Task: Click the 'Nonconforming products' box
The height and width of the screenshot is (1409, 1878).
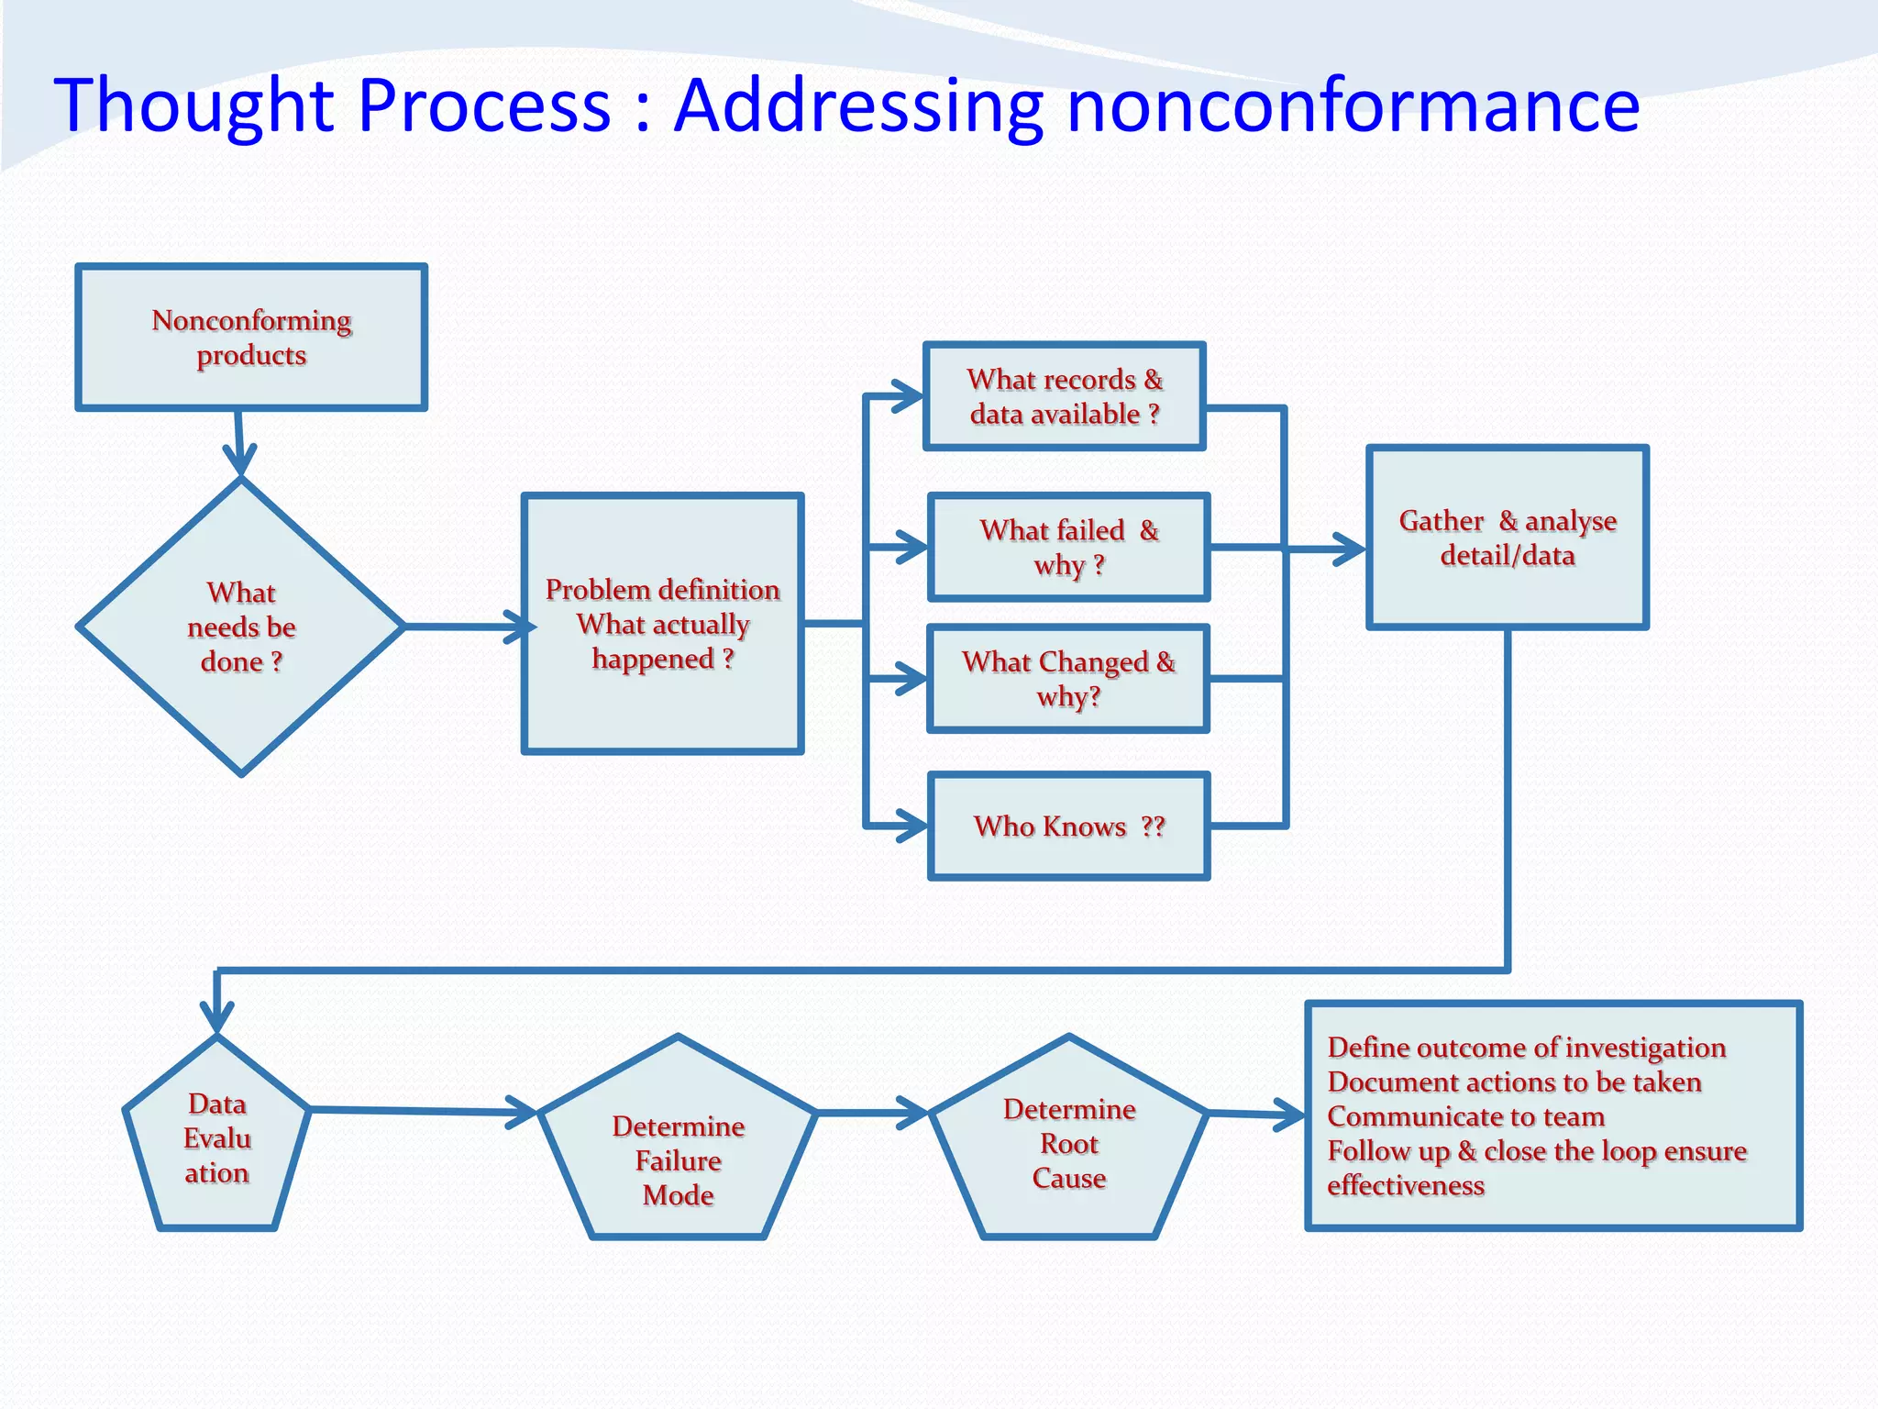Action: pos(251,338)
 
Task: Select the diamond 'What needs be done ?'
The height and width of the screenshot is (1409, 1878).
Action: pos(241,627)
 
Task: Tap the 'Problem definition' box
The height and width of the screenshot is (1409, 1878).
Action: pos(662,624)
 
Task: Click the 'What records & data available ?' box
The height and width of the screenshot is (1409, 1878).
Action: pos(1064,396)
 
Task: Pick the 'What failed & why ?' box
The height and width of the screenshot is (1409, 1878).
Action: pos(1068,548)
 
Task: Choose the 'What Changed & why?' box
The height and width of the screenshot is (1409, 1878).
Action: pos(1068,679)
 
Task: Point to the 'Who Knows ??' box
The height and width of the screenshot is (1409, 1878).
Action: pos(1068,827)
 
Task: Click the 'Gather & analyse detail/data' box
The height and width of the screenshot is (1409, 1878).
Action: pos(1507,538)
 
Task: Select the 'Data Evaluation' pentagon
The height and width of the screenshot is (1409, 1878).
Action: pos(216,1138)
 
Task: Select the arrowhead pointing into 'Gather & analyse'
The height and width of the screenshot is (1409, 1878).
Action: pos(1352,549)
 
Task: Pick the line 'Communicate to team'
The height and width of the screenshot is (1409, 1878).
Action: pos(1465,1116)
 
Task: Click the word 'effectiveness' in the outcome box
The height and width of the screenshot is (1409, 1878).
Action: pos(1405,1185)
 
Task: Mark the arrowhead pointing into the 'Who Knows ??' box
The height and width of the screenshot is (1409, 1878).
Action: pos(914,826)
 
